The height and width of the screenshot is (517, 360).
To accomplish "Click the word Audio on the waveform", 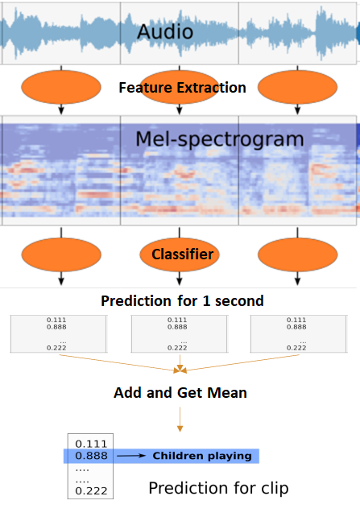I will coord(164,31).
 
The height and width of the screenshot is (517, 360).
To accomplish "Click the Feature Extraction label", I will coord(182,88).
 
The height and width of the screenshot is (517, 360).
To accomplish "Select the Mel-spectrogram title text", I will coord(219,139).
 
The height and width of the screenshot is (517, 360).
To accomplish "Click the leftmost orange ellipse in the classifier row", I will coord(62,255).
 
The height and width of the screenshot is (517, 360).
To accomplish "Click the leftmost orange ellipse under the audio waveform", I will coord(62,87).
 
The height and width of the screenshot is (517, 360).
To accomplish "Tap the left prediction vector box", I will coord(58,333).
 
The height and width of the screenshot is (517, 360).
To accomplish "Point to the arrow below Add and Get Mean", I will coord(180,422).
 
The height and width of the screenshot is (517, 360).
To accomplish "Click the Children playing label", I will coord(202,457).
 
